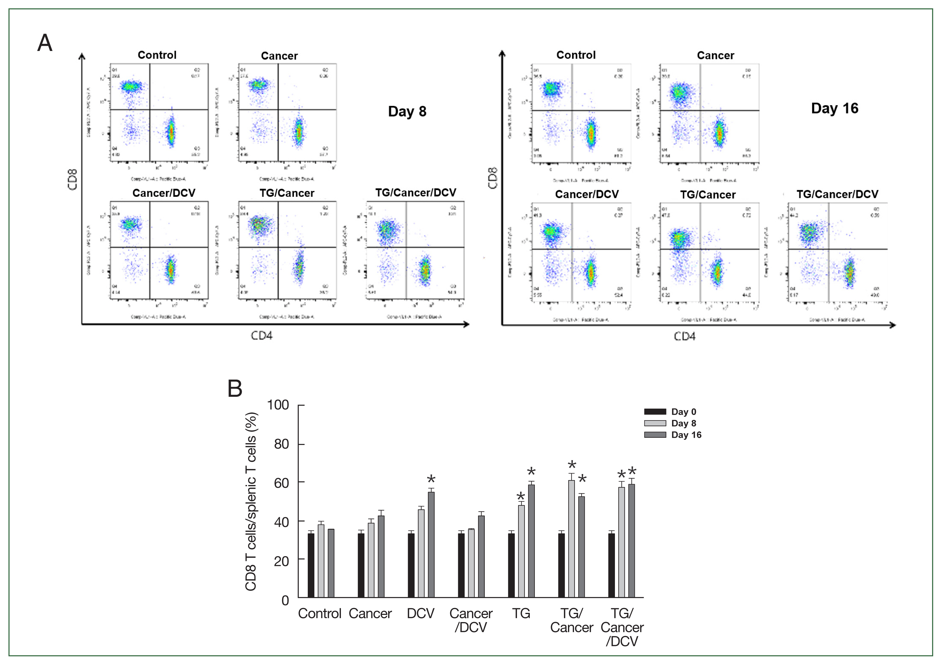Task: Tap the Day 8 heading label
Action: point(407,111)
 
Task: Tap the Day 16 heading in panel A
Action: point(835,108)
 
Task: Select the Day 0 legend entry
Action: point(683,412)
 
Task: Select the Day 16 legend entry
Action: point(686,435)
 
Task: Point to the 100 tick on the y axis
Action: point(278,405)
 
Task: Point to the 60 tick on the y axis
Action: point(282,483)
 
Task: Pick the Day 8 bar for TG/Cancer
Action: point(571,539)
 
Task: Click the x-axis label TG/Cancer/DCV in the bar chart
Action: point(622,627)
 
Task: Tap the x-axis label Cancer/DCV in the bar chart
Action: point(471,620)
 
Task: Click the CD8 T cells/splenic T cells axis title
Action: point(251,501)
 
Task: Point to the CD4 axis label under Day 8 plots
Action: point(261,336)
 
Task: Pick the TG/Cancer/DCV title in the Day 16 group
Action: point(837,194)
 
